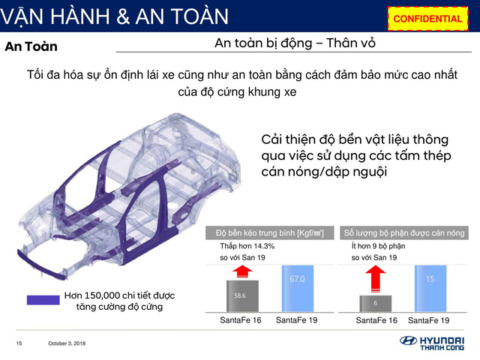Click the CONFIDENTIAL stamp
pos(427,18)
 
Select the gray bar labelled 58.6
pos(239,295)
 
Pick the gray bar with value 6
pos(375,303)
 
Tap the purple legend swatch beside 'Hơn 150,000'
pos(43,300)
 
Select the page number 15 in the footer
pos(19,343)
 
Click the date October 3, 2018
pos(67,343)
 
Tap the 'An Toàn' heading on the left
pos(31,46)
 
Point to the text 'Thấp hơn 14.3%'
pos(247,246)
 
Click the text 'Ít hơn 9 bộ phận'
pos(378,246)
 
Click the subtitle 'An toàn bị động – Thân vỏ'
pos(295,43)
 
